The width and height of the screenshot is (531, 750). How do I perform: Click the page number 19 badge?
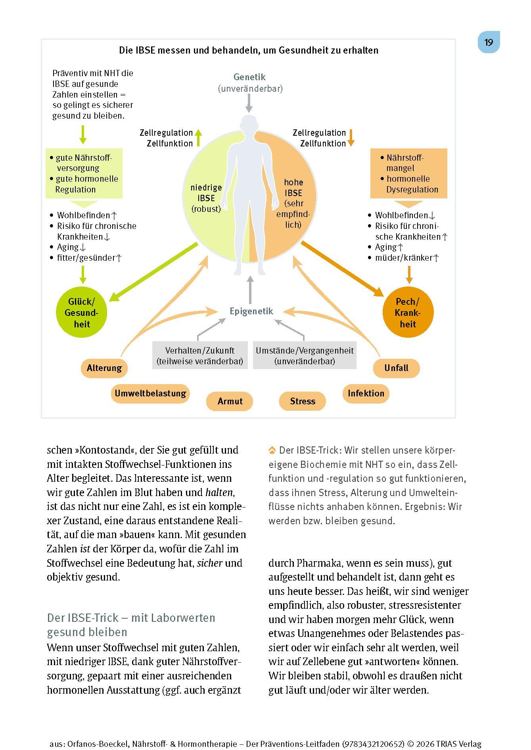489,42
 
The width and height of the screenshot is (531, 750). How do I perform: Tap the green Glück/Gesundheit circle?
82,313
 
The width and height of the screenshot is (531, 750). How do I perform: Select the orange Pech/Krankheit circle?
408,313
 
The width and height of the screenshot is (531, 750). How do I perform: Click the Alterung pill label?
104,368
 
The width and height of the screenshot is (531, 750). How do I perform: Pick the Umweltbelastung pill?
150,393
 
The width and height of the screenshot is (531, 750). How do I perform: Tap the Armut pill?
230,401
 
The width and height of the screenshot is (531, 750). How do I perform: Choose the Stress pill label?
302,401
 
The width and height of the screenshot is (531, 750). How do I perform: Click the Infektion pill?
366,393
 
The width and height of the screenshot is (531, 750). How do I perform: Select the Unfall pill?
396,368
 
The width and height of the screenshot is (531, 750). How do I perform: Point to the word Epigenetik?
251,311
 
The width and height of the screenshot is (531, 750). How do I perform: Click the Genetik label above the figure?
249,77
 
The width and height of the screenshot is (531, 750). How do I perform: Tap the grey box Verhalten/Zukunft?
200,356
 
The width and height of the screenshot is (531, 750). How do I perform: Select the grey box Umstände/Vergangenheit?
305,356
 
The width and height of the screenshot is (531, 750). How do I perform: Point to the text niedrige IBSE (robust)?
206,198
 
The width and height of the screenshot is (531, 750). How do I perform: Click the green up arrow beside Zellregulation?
199,138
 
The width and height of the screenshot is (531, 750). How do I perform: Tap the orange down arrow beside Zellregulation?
351,138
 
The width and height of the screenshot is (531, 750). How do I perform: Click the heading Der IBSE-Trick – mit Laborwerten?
131,618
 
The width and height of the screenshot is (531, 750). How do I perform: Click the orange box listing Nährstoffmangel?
408,173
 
